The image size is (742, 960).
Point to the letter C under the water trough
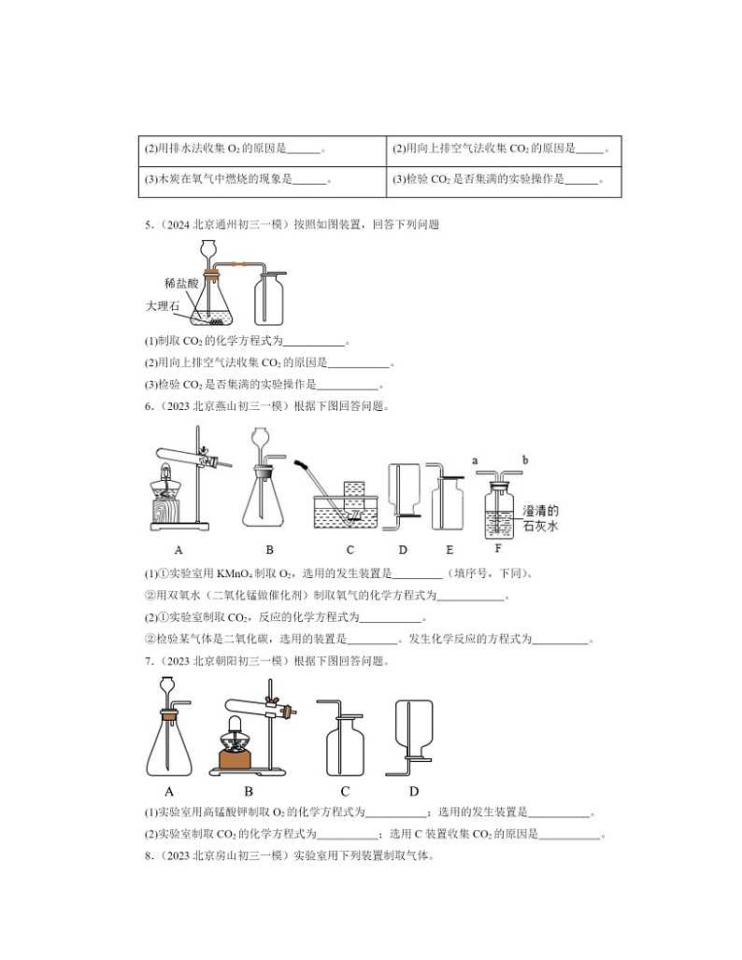(x=350, y=551)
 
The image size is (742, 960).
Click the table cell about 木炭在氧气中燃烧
(x=262, y=180)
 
